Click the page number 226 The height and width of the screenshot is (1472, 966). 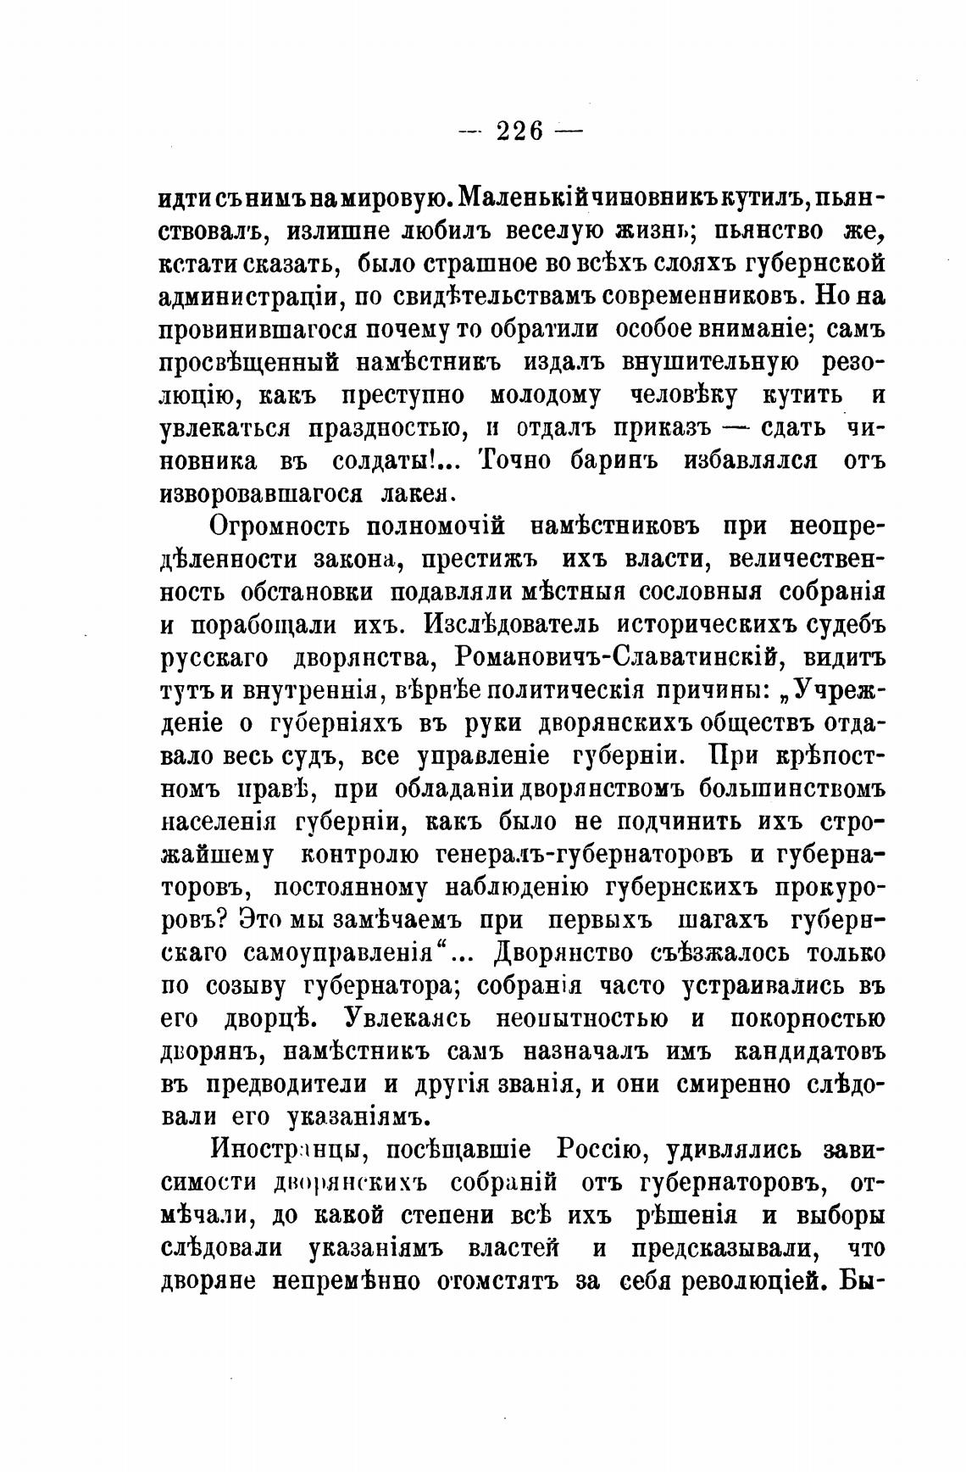(519, 131)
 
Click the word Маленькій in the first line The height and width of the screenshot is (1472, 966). (521, 198)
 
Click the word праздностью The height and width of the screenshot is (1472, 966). (381, 427)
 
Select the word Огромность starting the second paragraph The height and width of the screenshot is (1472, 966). (274, 526)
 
